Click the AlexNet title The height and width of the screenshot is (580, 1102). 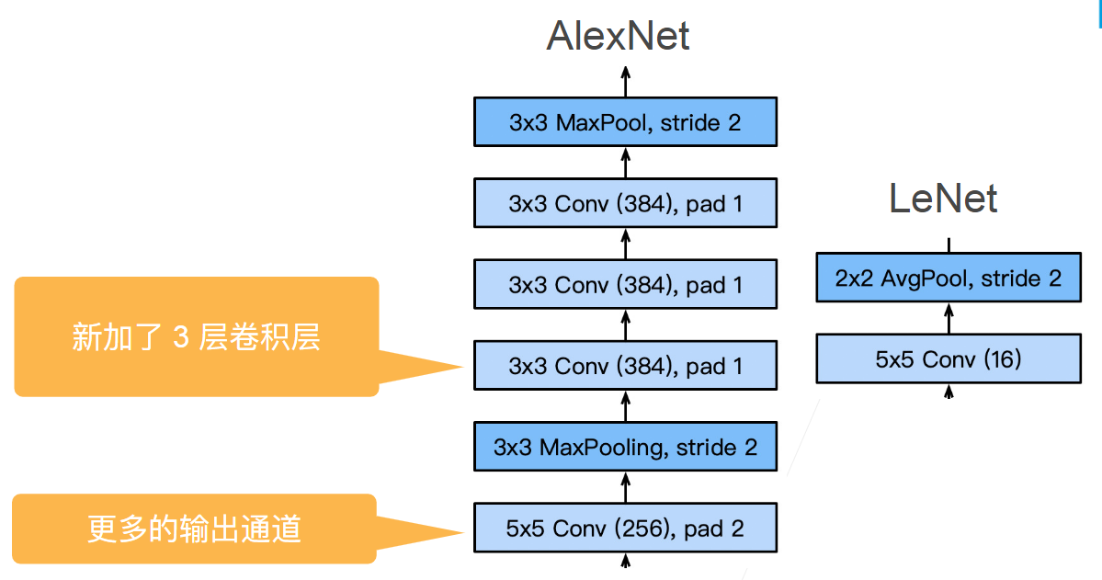[x=618, y=37]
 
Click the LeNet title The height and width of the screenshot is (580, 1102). [x=943, y=199]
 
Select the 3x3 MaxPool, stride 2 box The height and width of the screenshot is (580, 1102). [x=625, y=122]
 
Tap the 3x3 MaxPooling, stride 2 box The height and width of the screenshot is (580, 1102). [x=625, y=448]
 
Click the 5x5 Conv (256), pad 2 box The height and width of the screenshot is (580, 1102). [x=625, y=529]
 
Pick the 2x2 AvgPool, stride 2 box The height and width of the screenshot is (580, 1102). [x=949, y=279]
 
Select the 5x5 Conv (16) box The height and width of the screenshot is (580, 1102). [x=949, y=359]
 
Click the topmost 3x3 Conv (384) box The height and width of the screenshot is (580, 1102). [x=625, y=203]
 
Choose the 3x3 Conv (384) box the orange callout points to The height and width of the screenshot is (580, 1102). [x=625, y=366]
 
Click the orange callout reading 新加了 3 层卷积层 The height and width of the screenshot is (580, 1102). [x=196, y=337]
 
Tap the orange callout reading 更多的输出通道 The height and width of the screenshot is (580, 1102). [x=194, y=529]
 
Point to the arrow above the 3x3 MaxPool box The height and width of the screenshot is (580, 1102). [x=626, y=82]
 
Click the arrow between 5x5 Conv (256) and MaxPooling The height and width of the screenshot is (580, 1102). [x=626, y=488]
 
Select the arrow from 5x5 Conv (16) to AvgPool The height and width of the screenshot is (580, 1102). [x=949, y=318]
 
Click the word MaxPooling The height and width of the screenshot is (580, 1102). [x=604, y=448]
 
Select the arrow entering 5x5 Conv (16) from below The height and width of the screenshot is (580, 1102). [x=949, y=391]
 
